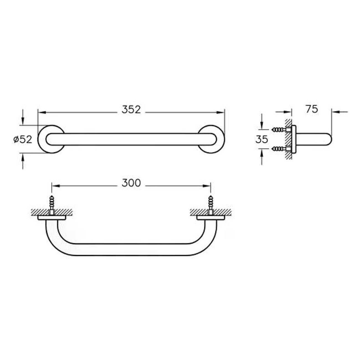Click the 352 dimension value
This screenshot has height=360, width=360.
(131, 110)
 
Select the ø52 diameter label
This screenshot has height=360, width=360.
(23, 139)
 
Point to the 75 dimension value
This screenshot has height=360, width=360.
(312, 109)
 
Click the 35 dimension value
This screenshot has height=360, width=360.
(262, 139)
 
